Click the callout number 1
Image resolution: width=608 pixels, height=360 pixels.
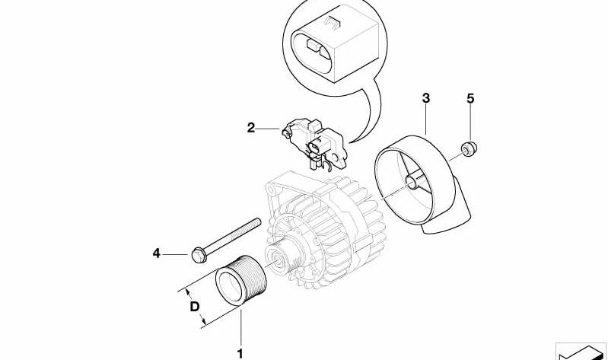pyautogui.click(x=240, y=352)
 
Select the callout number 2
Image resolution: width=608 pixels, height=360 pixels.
pyautogui.click(x=251, y=128)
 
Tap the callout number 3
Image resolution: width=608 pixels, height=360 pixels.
pyautogui.click(x=426, y=98)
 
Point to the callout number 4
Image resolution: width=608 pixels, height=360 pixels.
pyautogui.click(x=157, y=253)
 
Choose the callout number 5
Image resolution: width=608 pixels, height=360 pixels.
pyautogui.click(x=470, y=98)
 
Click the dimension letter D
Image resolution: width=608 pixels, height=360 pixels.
pyautogui.click(x=195, y=307)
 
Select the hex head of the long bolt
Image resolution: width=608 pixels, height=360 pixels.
pyautogui.click(x=199, y=253)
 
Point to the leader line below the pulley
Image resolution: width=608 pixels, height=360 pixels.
pyautogui.click(x=240, y=327)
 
